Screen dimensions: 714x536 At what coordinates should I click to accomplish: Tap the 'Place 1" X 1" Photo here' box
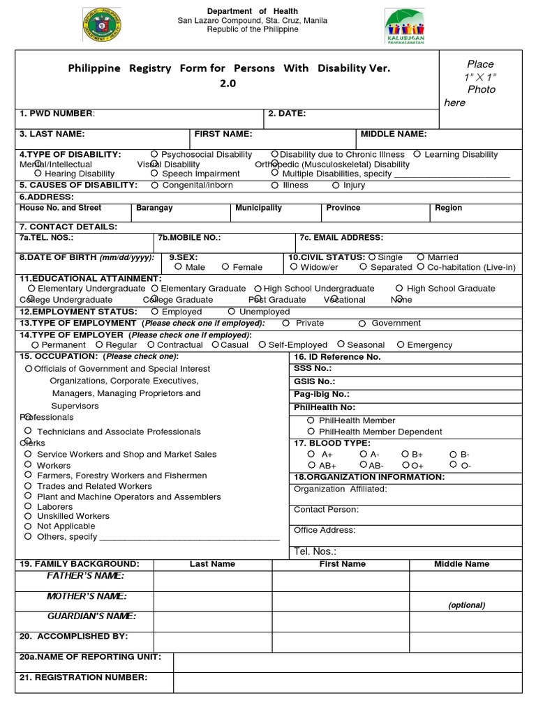tap(480, 83)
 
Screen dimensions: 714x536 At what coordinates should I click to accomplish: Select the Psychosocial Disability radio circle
tap(154, 154)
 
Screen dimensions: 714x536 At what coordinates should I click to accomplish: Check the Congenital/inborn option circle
tap(154, 185)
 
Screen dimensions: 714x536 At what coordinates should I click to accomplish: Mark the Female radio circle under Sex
tap(225, 266)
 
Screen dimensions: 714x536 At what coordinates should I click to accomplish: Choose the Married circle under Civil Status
tap(420, 257)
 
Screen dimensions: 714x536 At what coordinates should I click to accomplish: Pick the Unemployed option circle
tap(232, 312)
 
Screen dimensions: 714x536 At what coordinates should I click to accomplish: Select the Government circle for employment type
tap(362, 324)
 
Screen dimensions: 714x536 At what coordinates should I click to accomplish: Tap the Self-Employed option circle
tap(262, 344)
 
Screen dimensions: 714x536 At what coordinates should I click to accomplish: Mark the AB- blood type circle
tap(364, 464)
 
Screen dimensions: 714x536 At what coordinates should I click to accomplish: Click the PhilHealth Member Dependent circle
tap(311, 432)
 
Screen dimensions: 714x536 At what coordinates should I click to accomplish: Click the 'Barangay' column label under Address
tap(154, 208)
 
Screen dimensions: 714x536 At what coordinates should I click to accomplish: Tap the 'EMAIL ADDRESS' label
tap(341, 238)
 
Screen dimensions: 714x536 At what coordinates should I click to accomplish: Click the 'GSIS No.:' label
tap(314, 381)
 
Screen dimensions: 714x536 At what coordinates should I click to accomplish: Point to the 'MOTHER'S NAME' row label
tap(86, 596)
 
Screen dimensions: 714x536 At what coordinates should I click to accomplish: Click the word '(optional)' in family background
tap(466, 605)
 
